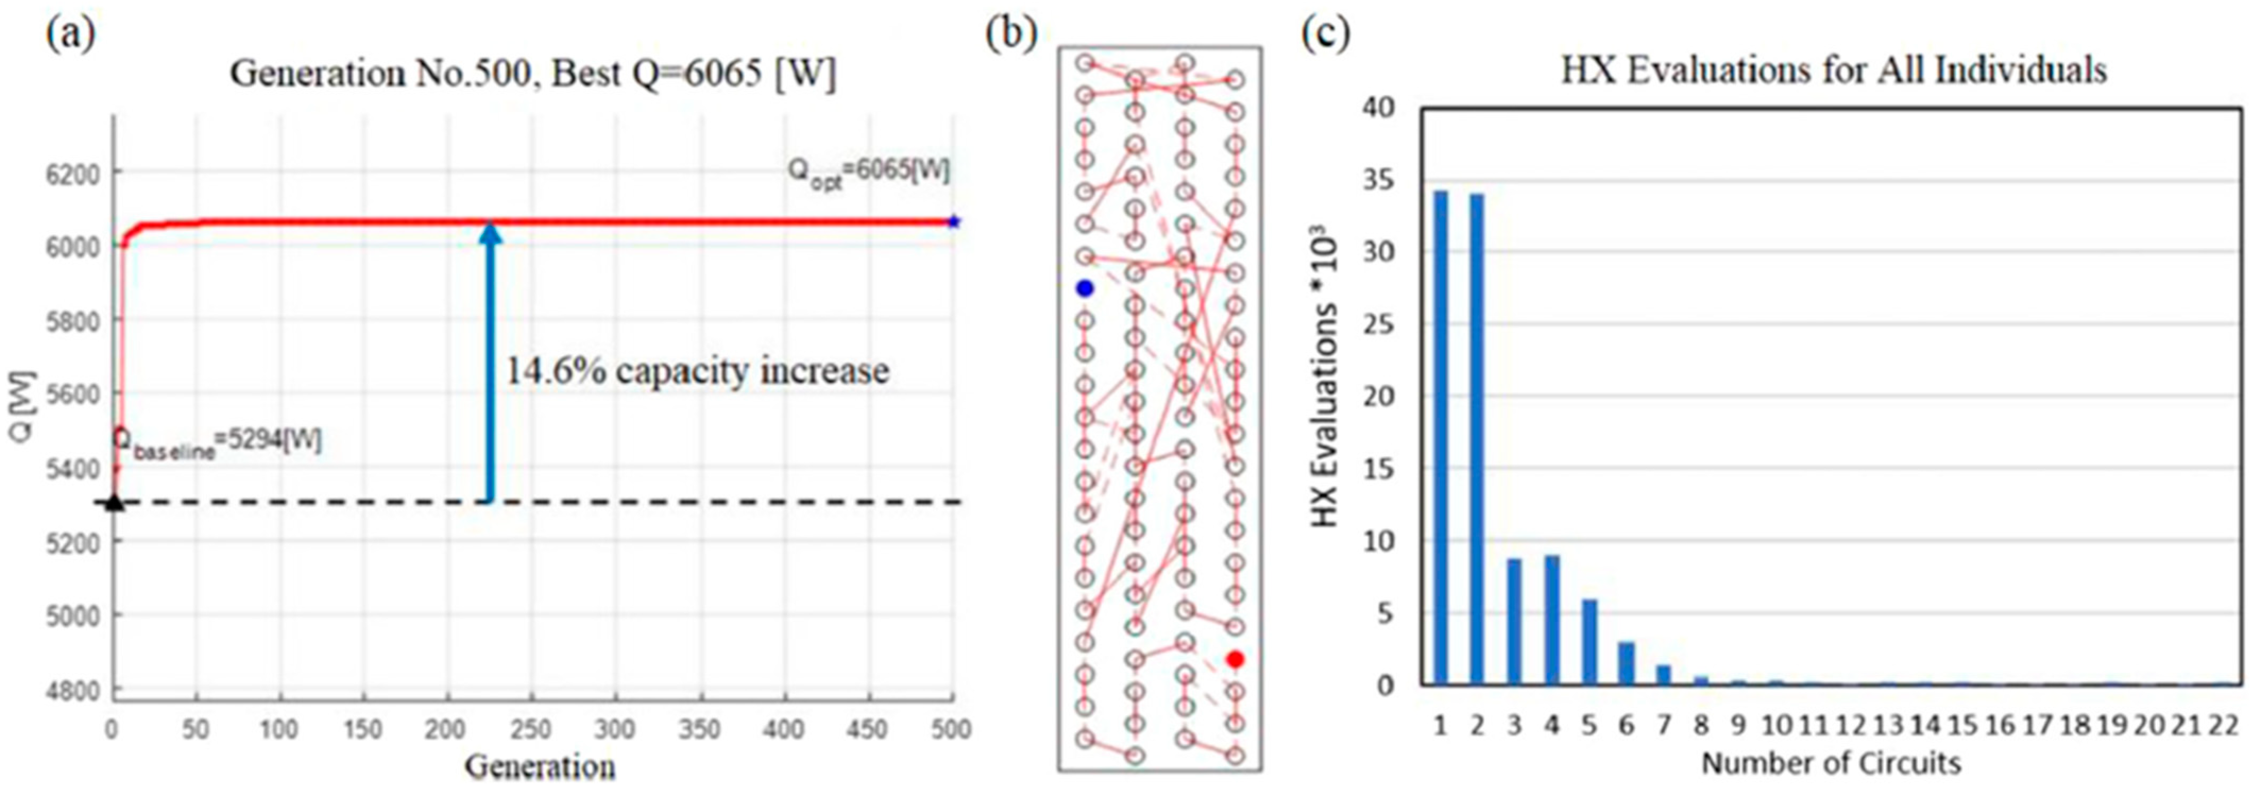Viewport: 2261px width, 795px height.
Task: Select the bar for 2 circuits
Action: pyautogui.click(x=1477, y=439)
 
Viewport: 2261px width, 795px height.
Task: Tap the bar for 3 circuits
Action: pyautogui.click(x=1515, y=621)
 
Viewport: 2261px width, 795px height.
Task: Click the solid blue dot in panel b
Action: pyautogui.click(x=1086, y=288)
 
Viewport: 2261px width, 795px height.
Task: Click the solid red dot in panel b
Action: pyautogui.click(x=1235, y=659)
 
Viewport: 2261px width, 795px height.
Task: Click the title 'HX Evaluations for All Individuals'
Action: pyautogui.click(x=1833, y=70)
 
